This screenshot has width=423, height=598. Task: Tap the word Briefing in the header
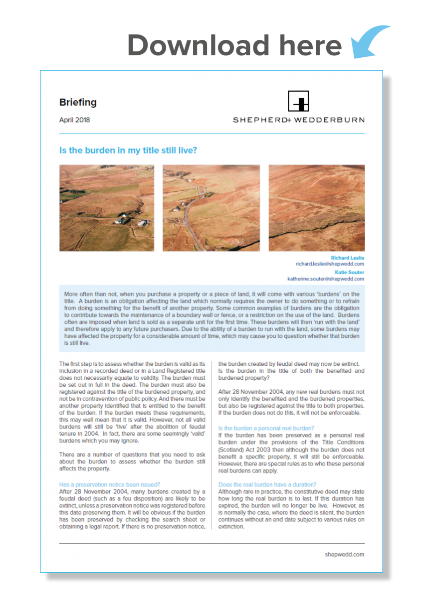pyautogui.click(x=78, y=103)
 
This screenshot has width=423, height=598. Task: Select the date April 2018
pyautogui.click(x=74, y=120)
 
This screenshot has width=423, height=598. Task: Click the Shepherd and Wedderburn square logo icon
pyautogui.click(x=298, y=101)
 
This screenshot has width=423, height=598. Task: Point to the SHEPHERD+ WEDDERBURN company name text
pyautogui.click(x=298, y=120)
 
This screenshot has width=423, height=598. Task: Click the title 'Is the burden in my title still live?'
pyautogui.click(x=128, y=150)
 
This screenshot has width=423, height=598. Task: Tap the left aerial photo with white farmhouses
pyautogui.click(x=107, y=208)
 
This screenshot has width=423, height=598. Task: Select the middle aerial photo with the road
pyautogui.click(x=211, y=208)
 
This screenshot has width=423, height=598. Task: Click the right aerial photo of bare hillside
pyautogui.click(x=317, y=208)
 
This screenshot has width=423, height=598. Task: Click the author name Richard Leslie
pyautogui.click(x=348, y=258)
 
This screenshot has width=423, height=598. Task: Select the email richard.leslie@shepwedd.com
pyautogui.click(x=330, y=264)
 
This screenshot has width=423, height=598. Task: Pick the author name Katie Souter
pyautogui.click(x=350, y=273)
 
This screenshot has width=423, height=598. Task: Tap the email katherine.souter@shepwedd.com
pyautogui.click(x=326, y=279)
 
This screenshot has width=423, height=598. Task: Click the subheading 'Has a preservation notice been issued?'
pyautogui.click(x=109, y=484)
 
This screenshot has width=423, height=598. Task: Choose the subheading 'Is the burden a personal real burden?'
pyautogui.click(x=266, y=428)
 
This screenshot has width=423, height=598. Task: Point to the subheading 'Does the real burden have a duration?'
pyautogui.click(x=267, y=484)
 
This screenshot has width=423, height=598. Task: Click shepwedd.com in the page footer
pyautogui.click(x=344, y=554)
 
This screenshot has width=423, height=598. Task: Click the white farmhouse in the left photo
pyautogui.click(x=120, y=220)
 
